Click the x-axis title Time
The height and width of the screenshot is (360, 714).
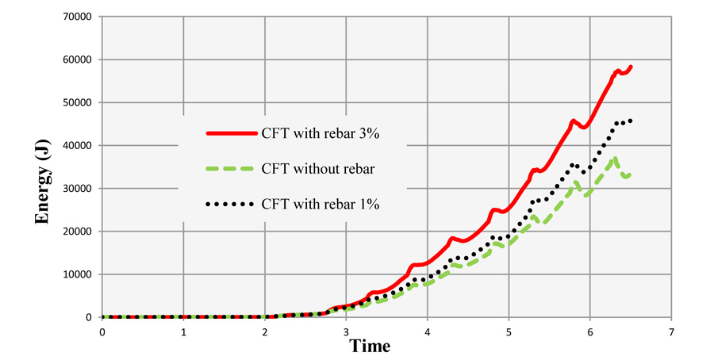click(x=370, y=346)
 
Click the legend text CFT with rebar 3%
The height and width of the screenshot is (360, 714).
click(x=321, y=134)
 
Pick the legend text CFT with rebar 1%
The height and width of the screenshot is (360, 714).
click(x=321, y=204)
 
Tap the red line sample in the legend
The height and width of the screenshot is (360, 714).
click(x=230, y=134)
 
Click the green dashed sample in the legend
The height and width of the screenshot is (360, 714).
click(x=230, y=169)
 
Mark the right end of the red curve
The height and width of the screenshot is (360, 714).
click(x=631, y=67)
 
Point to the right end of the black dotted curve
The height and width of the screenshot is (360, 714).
click(x=631, y=121)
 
